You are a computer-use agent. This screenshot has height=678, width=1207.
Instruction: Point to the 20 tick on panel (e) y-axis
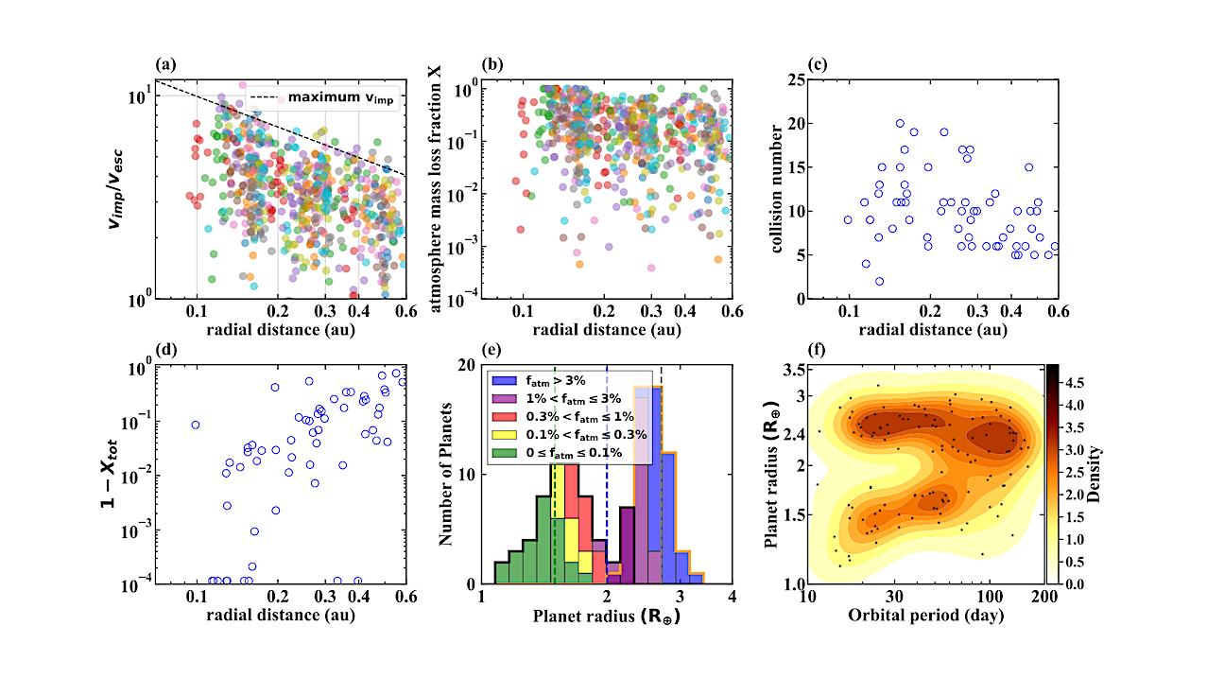click(x=467, y=365)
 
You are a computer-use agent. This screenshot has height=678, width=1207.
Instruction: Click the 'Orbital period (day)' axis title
click(x=924, y=615)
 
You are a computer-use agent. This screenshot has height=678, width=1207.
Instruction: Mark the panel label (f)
click(x=817, y=351)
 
